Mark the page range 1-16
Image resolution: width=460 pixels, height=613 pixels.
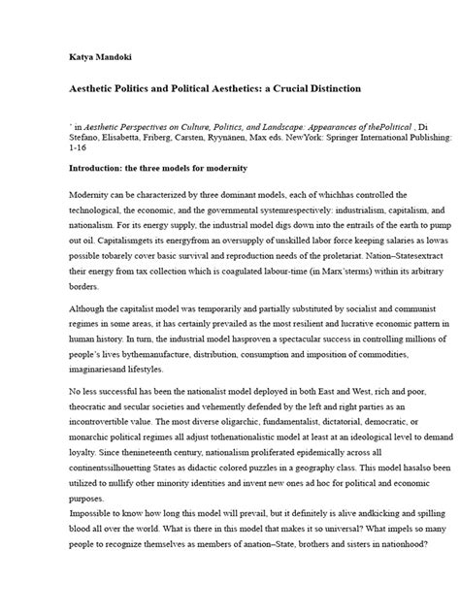[x=80, y=151]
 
